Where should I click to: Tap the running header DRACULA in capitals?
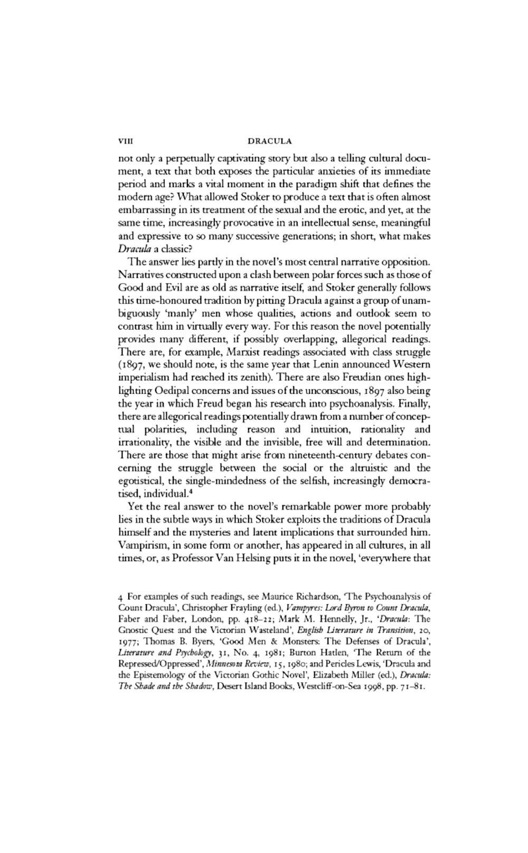tap(269, 141)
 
